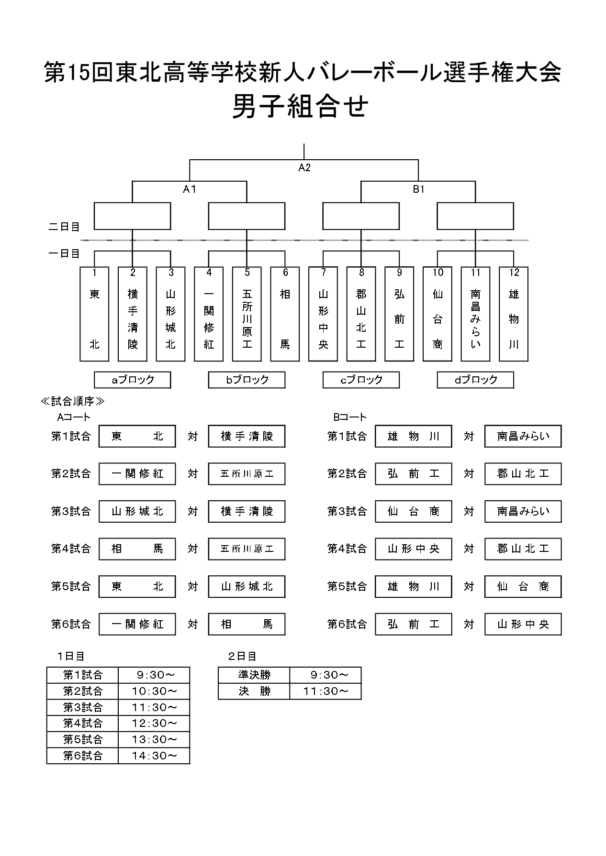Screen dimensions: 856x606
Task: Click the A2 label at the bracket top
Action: (304, 167)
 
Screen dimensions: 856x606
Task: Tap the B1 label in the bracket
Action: (418, 189)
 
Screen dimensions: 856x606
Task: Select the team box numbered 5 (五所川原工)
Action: (247, 314)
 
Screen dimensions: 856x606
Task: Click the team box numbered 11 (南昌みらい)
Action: (475, 314)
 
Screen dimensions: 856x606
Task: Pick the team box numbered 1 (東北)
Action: (94, 314)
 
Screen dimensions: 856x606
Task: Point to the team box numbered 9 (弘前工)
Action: (399, 314)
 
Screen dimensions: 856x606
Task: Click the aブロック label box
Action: (133, 380)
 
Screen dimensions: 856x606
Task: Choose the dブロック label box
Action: (475, 380)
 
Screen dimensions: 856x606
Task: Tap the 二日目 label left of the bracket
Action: (64, 227)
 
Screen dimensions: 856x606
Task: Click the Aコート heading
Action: (73, 417)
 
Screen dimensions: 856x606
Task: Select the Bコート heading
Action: (349, 417)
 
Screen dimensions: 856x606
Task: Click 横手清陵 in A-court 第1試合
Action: (247, 436)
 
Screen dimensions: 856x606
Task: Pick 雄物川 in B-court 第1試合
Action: (413, 436)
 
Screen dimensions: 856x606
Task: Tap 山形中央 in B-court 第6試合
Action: (523, 624)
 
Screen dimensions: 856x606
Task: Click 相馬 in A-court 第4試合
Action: (137, 549)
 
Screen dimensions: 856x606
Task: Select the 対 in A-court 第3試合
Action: (192, 511)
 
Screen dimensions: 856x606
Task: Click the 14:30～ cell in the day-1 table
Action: (154, 756)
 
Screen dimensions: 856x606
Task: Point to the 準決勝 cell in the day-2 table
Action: (254, 675)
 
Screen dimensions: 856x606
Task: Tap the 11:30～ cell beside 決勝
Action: (325, 691)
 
